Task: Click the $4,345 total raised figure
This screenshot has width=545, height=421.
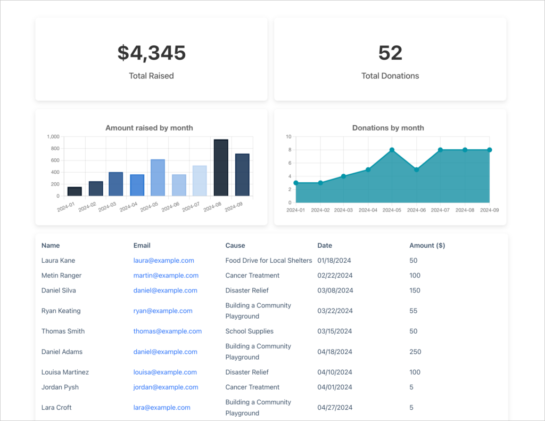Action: click(x=151, y=53)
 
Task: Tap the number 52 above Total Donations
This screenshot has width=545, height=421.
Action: click(x=390, y=53)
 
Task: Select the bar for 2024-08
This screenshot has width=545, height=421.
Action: click(x=221, y=168)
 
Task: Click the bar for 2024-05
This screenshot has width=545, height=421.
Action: click(x=158, y=177)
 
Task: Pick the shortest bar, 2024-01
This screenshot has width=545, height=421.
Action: click(x=75, y=191)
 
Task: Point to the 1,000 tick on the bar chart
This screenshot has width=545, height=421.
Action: click(x=53, y=136)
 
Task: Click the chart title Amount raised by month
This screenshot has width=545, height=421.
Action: click(x=149, y=128)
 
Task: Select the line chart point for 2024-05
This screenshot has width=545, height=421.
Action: click(x=392, y=150)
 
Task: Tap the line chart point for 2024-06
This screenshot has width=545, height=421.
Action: click(x=416, y=169)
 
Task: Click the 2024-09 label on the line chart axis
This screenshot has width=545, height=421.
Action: click(x=489, y=210)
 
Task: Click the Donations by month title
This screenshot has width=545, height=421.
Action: click(x=388, y=128)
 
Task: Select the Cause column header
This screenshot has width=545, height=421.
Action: click(x=235, y=246)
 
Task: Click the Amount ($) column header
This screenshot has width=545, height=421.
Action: click(x=427, y=246)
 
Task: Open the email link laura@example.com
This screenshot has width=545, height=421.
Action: click(x=163, y=261)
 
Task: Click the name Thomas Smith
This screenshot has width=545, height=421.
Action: click(x=63, y=331)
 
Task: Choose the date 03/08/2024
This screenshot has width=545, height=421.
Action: click(x=335, y=290)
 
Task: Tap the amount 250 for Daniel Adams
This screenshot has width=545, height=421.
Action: click(x=415, y=352)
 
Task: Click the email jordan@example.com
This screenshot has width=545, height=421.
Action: click(x=166, y=387)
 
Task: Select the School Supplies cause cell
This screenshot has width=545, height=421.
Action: click(x=249, y=331)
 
